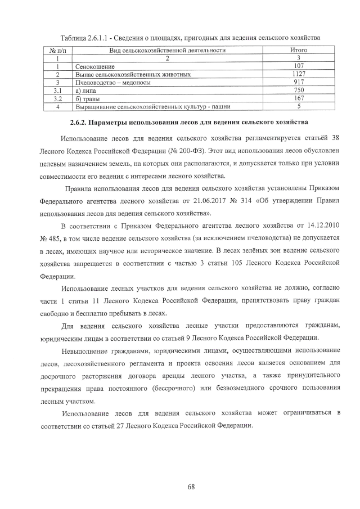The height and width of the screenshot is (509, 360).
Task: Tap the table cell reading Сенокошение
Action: coord(94,66)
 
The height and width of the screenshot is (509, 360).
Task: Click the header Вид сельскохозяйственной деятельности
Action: coord(168,50)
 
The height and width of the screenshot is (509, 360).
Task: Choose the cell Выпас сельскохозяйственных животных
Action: coord(133,74)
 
